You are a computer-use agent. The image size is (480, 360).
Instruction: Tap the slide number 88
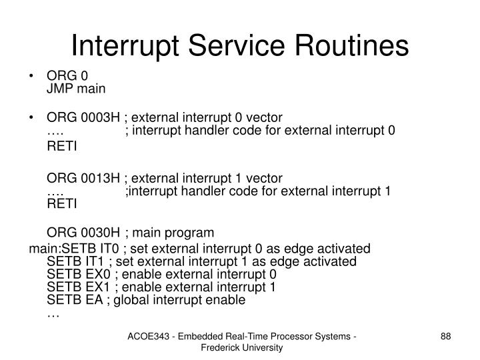[x=446, y=340]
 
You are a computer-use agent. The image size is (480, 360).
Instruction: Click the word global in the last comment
[x=133, y=300]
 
